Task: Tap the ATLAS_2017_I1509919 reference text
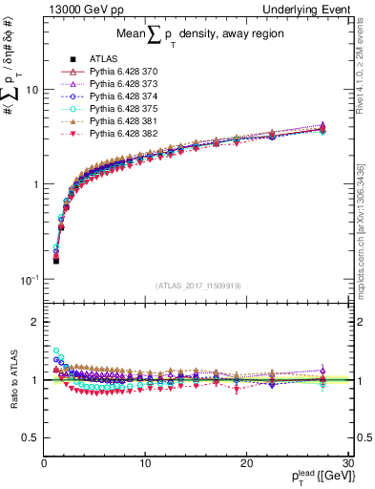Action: [x=198, y=285]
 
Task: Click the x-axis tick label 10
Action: [x=144, y=462]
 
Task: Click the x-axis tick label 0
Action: [x=44, y=462]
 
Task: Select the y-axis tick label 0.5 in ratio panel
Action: [x=30, y=437]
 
